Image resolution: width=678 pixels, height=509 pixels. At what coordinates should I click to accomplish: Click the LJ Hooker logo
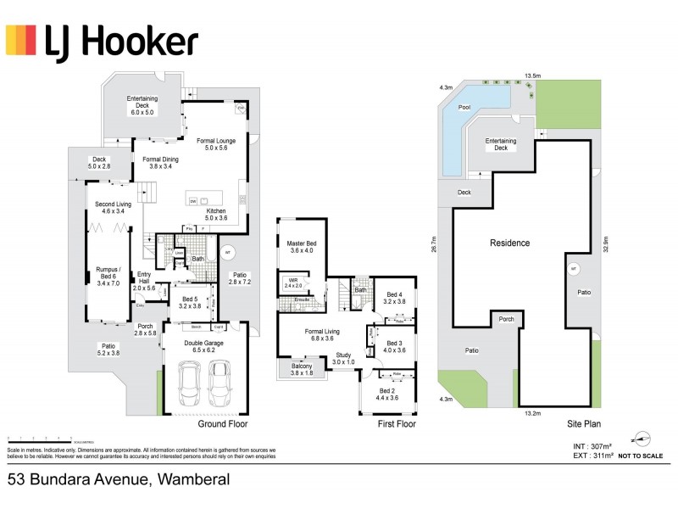[x=102, y=41]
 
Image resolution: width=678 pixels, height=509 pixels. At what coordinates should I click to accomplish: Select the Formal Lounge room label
[x=216, y=144]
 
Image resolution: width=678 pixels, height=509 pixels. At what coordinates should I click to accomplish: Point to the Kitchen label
[x=216, y=215]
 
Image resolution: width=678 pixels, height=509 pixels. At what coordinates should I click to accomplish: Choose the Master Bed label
[x=301, y=247]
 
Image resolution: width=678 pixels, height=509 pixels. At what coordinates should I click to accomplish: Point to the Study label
[x=342, y=357]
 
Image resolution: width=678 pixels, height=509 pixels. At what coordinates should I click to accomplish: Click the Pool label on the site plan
[x=464, y=108]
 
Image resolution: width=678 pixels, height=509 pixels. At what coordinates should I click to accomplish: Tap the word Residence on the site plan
[x=509, y=243]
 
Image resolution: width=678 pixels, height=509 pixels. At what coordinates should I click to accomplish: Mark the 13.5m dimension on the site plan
[x=533, y=76]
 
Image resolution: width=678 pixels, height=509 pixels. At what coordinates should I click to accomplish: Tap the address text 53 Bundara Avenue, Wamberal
[x=119, y=480]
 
